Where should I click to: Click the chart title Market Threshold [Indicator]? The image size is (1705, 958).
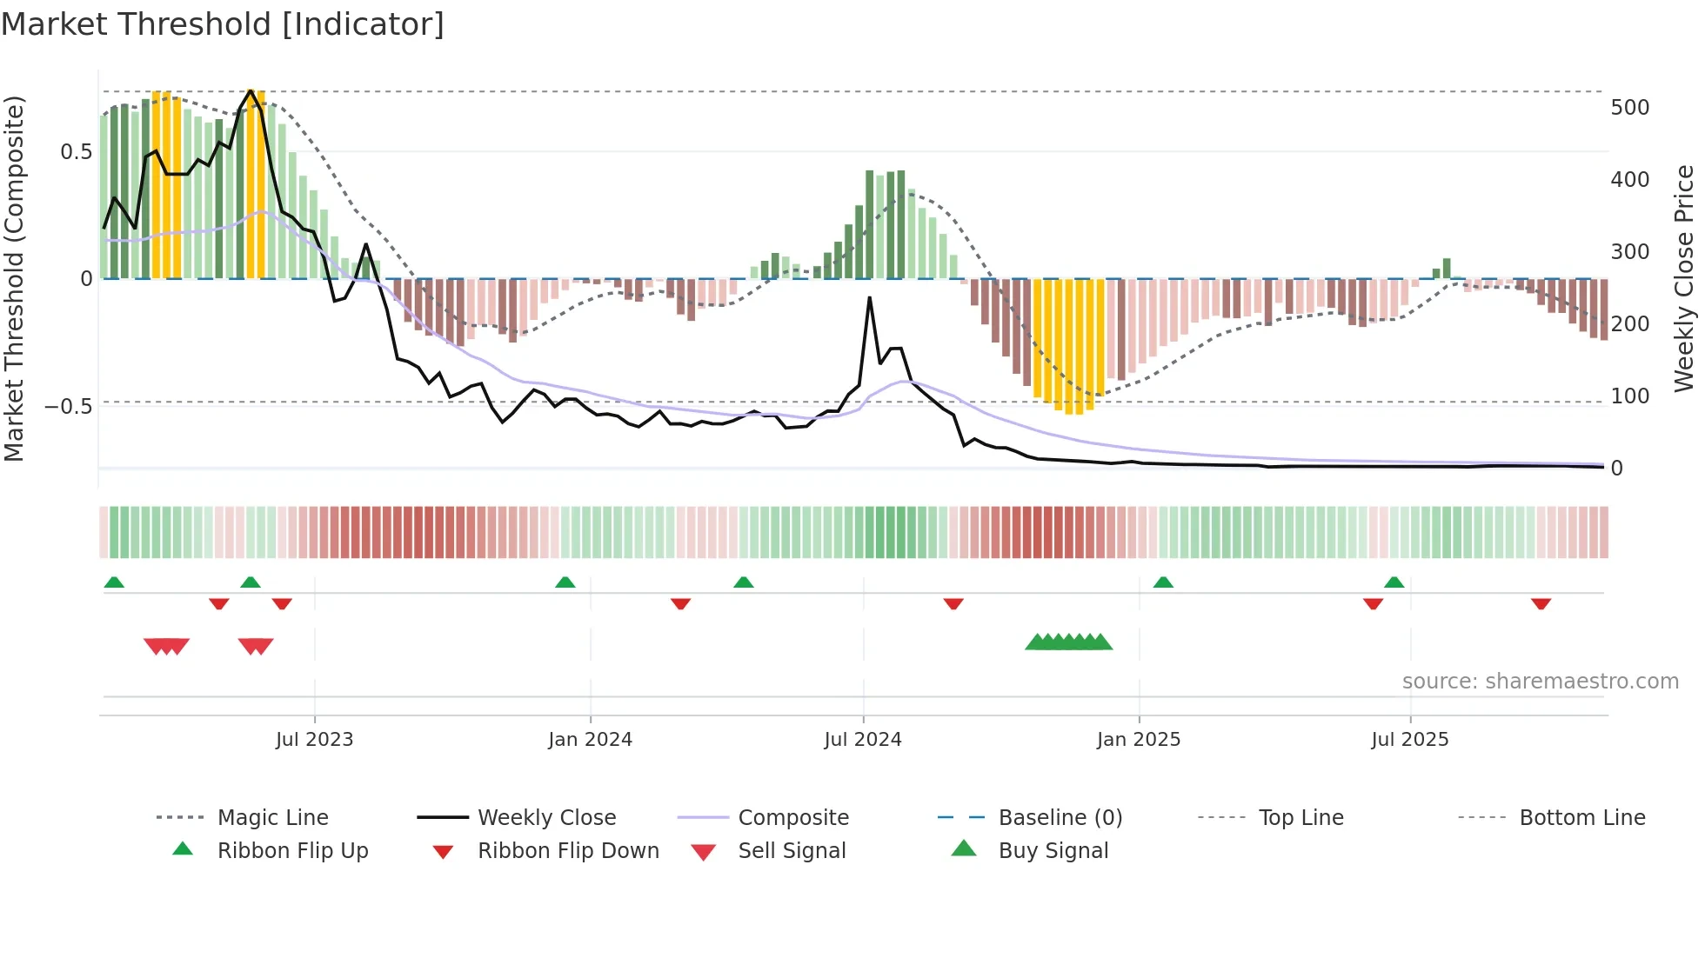click(x=223, y=24)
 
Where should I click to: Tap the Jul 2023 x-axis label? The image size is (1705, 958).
click(x=314, y=740)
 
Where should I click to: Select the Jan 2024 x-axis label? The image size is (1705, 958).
click(x=590, y=740)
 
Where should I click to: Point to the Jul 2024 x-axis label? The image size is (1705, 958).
click(x=862, y=740)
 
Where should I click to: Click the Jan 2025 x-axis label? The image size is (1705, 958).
click(x=1138, y=740)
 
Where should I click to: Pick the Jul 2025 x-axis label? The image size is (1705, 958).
click(x=1409, y=740)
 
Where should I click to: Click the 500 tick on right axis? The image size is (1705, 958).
click(x=1629, y=108)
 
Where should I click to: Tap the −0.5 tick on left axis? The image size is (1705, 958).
click(x=69, y=407)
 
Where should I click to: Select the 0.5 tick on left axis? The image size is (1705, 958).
click(x=76, y=152)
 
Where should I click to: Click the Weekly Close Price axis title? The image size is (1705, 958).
click(x=1684, y=278)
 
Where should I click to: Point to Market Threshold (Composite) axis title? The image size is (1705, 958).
click(x=14, y=278)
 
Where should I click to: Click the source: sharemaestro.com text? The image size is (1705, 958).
click(x=1540, y=682)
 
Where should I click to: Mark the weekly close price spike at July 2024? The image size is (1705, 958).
click(x=869, y=298)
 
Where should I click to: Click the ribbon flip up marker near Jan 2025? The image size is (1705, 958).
click(x=1163, y=582)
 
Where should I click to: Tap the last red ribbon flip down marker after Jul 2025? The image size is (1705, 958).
click(x=1541, y=604)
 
